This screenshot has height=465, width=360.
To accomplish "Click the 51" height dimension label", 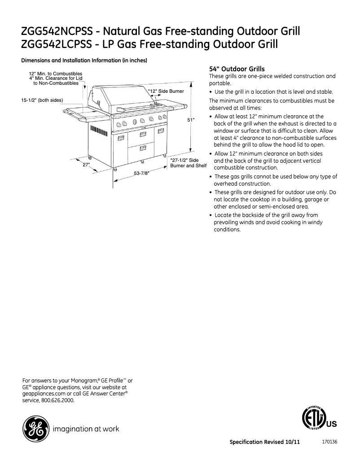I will point(191,120).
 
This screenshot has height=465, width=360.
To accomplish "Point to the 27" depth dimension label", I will point(87,165).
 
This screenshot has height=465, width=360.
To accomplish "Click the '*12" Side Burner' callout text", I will point(166,91).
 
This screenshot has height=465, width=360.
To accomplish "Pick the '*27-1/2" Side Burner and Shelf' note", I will point(188,163).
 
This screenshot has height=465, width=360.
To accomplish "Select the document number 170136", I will point(329,442).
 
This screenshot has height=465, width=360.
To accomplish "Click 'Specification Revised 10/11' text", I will point(264,442).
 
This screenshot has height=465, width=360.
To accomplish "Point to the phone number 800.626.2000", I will point(58,400).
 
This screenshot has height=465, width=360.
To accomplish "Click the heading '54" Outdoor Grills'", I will point(237,69).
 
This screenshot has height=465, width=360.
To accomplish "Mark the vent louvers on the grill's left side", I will point(97,131).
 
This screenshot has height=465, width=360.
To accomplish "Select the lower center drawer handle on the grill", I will point(143,147).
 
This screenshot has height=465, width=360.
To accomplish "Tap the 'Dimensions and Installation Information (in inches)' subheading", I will point(85,61).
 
